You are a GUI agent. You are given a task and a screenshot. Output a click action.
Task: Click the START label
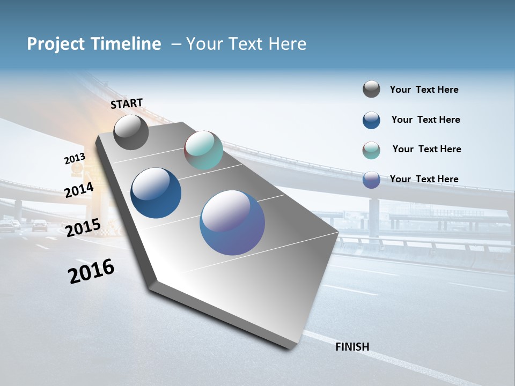click(x=127, y=103)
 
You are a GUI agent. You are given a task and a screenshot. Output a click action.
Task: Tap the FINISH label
click(x=352, y=347)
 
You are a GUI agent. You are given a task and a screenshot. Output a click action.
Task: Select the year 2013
click(x=75, y=159)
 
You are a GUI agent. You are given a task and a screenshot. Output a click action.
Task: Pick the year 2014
click(x=79, y=190)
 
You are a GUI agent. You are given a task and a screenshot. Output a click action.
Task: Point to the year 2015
click(x=83, y=228)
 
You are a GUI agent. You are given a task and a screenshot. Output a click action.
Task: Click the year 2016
click(x=91, y=271)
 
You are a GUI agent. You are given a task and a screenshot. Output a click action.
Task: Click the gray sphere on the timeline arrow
click(x=131, y=132)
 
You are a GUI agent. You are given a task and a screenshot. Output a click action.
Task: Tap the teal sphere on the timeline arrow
click(x=203, y=150)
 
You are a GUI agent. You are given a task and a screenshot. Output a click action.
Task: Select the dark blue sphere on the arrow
click(x=156, y=193)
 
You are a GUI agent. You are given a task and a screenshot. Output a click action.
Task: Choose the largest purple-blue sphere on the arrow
click(x=232, y=222)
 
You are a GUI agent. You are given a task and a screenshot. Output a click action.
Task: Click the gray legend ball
click(x=371, y=90)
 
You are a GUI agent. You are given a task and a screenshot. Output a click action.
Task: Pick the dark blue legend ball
click(x=371, y=120)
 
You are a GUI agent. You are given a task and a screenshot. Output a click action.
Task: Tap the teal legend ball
click(x=371, y=150)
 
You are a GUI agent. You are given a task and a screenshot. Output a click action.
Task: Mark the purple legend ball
click(x=371, y=179)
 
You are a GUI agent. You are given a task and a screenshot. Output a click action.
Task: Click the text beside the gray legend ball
click(x=424, y=90)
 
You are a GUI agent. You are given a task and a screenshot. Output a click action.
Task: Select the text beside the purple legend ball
click(x=424, y=179)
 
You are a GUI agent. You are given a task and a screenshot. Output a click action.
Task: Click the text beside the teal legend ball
click(x=426, y=149)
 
